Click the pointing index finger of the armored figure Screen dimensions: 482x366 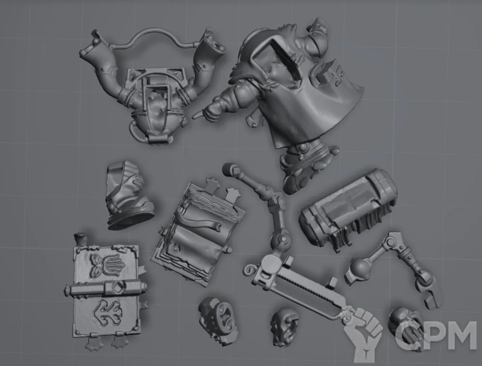point(198,115)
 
